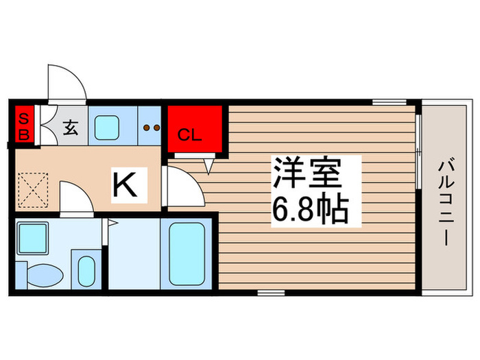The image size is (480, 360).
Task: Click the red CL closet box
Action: tap(195, 128)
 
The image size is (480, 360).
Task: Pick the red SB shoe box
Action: tap(23, 125)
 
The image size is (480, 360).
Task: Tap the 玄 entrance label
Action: tap(71, 127)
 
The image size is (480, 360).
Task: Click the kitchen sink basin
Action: tap(108, 126)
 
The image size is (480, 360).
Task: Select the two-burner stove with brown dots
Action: tap(151, 127)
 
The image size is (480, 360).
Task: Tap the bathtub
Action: tap(187, 255)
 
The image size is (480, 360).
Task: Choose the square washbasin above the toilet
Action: tap(32, 237)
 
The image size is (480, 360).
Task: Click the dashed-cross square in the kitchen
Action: tap(30, 189)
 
